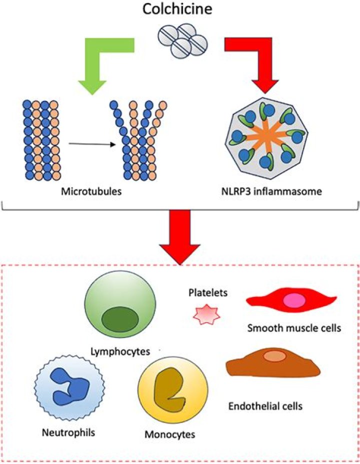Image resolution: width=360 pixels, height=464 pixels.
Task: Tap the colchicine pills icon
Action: tap(182, 40)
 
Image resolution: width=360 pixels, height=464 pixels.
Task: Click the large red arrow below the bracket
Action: tap(179, 235)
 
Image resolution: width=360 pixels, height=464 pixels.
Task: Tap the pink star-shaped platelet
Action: tap(206, 314)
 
